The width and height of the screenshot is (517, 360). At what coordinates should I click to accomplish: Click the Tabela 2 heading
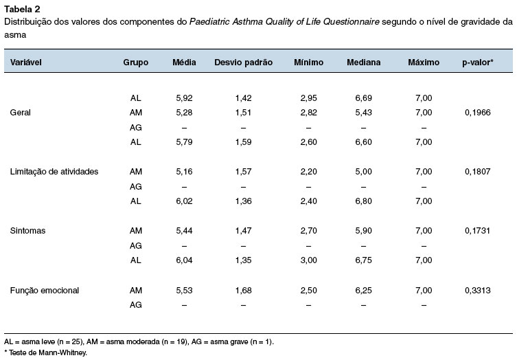22,9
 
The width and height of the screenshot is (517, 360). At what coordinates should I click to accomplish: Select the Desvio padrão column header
243,63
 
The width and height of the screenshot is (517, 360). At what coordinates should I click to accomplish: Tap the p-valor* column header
477,63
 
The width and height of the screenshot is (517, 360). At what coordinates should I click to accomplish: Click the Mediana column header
363,63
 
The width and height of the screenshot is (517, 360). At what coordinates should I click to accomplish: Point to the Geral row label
20,113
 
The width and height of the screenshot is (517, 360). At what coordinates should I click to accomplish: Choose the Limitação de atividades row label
54,172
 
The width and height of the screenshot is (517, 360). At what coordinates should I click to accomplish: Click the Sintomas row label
27,231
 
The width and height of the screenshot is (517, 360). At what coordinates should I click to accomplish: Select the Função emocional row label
45,291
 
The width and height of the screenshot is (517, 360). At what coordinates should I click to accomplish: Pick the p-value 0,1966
477,113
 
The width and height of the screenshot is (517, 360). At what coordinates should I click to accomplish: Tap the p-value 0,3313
477,291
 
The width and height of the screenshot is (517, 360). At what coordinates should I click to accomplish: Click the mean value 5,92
184,98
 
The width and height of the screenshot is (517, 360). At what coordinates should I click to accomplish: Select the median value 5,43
363,113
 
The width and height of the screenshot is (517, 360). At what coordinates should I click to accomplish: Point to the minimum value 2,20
308,172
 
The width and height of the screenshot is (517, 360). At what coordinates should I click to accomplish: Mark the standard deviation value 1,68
243,291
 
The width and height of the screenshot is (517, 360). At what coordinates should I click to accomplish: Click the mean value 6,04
184,260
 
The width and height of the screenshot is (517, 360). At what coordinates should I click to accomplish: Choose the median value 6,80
363,201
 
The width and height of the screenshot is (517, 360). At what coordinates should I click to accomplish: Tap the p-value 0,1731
477,231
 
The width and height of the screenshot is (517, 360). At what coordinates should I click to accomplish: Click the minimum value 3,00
308,260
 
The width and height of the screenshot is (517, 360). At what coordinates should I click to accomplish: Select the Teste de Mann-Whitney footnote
45,352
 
